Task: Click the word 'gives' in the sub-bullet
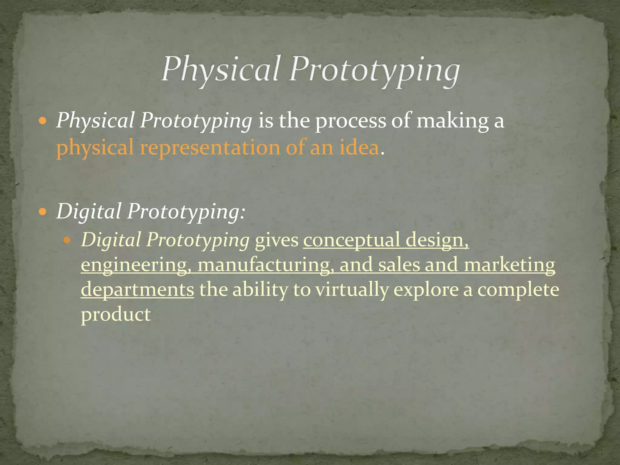276,240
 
